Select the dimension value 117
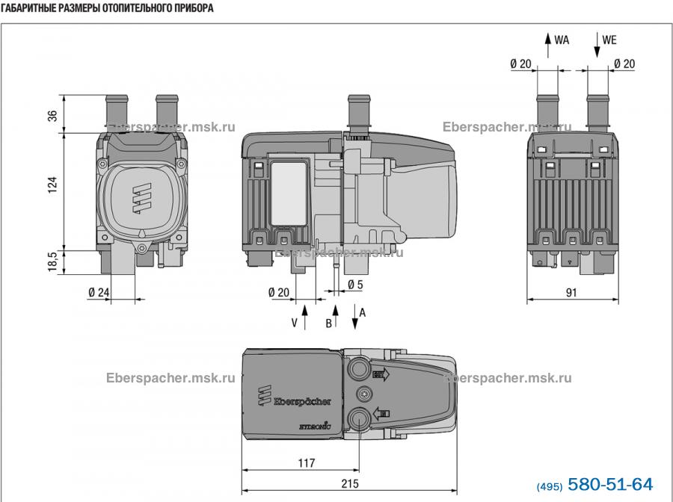306,462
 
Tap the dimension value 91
572,293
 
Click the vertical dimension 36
52,116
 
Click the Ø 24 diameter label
99,293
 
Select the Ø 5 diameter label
355,285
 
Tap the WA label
562,40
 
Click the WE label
609,40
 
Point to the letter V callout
294,323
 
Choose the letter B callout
328,323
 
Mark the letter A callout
363,312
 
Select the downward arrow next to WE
597,45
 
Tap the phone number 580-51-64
611,483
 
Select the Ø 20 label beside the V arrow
278,293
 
